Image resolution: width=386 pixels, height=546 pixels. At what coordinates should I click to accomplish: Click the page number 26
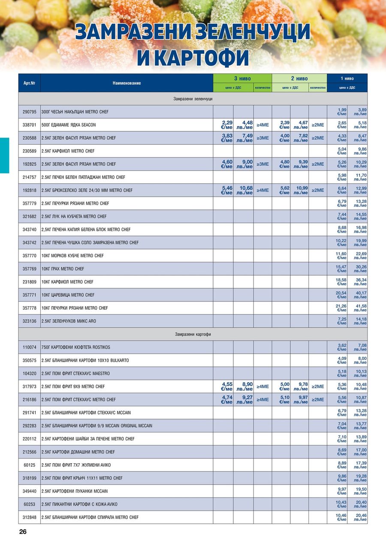pos(23,531)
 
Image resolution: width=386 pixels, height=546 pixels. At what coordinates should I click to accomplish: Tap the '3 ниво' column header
pos(242,78)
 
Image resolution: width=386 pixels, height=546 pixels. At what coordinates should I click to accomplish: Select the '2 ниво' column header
pos(299,78)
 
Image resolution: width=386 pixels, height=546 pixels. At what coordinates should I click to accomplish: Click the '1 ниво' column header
pos(347,78)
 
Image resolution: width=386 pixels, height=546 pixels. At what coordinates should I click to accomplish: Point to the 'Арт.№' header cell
pos(29,83)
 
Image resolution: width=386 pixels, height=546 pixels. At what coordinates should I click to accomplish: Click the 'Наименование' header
pos(127,83)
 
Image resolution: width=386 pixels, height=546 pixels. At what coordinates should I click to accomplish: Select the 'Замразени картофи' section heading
pos(193,334)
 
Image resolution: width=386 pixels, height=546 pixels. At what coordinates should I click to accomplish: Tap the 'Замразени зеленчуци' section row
pos(193,99)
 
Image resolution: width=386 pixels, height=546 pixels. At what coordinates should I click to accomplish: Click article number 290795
pos(29,112)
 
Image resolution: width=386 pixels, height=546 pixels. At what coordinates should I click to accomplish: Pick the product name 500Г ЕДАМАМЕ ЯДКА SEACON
pos(69,125)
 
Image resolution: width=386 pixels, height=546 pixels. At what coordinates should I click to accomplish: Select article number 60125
pos(29,465)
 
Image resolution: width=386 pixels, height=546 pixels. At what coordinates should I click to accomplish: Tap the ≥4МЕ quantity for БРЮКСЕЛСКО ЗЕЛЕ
pos(262,190)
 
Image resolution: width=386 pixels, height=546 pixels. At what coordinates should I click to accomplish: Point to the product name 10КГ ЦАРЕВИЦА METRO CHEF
pos(68,295)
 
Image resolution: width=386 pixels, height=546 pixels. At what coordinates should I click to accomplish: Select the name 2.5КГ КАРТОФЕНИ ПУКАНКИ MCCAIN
pos(75,491)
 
